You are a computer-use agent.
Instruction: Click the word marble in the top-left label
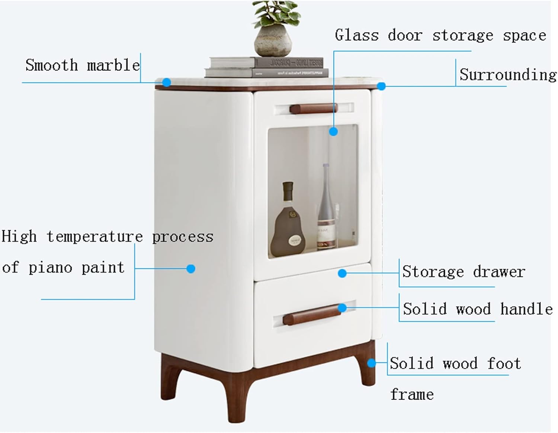coord(113,65)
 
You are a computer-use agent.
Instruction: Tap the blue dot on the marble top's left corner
coord(167,82)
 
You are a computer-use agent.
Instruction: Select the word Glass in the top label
coord(356,35)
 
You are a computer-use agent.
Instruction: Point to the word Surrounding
coord(508,75)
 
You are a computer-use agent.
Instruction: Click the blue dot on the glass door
coord(333,131)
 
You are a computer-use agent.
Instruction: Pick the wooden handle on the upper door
coord(313,109)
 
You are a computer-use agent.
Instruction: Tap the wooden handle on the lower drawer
coord(312,315)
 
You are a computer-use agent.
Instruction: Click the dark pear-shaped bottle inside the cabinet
coord(288,223)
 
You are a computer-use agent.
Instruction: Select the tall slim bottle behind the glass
coord(326,208)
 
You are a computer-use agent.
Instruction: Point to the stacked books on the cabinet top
coord(267,67)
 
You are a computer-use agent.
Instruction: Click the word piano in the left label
coord(50,268)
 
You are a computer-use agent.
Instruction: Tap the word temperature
coord(94,237)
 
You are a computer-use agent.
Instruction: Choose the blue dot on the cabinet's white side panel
coord(191,269)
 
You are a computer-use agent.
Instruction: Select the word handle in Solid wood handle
coord(526,309)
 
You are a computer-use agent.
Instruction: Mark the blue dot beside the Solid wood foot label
coord(371,363)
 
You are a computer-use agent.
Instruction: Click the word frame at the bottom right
coord(412,394)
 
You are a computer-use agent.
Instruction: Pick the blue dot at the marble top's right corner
coord(381,86)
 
